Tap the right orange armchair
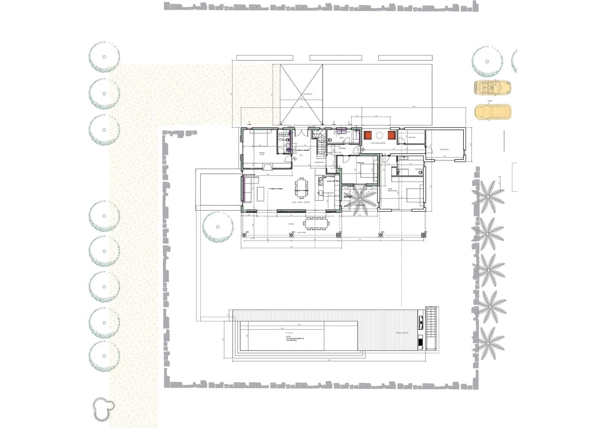(x=392, y=135)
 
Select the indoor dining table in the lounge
(x=301, y=188)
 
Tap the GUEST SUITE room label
(x=444, y=149)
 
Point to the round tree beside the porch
(x=217, y=227)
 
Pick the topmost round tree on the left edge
(x=104, y=57)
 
